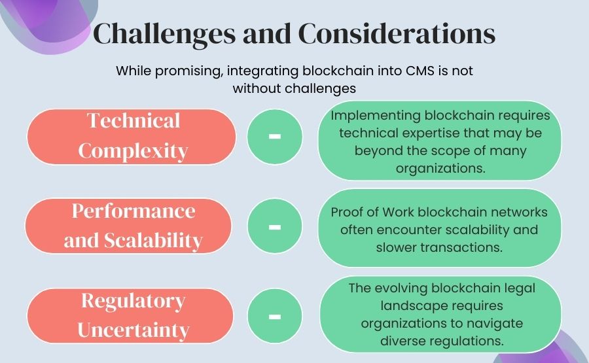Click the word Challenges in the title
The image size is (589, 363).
point(164,35)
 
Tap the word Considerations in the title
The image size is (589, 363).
point(397,33)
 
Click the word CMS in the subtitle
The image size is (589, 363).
point(420,71)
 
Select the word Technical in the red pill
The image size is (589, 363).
point(134,120)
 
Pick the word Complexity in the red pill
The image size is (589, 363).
point(133,152)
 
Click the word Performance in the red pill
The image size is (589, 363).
point(134,211)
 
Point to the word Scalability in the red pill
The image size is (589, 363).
point(153,241)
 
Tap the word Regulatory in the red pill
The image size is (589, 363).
point(134,302)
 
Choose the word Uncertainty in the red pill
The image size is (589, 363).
point(134,330)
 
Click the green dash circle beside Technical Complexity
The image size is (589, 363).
point(275,137)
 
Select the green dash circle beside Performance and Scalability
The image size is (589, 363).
point(275,226)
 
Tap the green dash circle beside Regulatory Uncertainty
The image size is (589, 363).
point(275,316)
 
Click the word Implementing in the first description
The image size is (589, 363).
point(375,116)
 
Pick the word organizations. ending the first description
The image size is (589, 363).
point(440,169)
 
